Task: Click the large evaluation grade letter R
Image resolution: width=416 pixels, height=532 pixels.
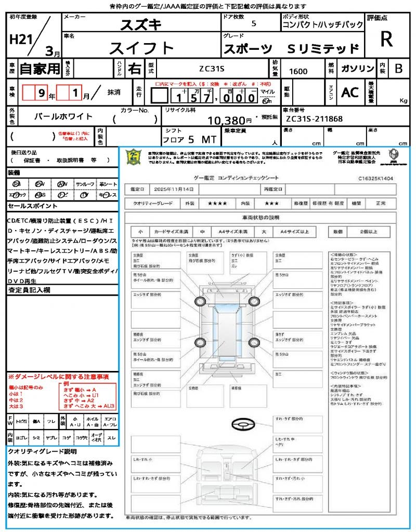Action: (x=386, y=39)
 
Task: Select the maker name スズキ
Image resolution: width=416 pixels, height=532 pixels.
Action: (x=141, y=24)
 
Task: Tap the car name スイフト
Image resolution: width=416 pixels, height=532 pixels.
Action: (x=141, y=48)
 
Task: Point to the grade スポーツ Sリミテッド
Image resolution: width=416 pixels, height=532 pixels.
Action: (x=291, y=49)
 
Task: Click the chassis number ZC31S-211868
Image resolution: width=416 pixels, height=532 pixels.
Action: (x=314, y=119)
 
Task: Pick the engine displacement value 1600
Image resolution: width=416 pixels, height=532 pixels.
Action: (x=298, y=72)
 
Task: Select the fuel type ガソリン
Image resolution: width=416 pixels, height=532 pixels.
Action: (x=357, y=69)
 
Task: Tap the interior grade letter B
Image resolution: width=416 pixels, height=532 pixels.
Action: (x=398, y=69)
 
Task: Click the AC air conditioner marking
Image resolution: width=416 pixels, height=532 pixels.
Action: (x=350, y=92)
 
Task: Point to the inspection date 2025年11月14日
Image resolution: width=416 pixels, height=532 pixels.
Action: (x=176, y=189)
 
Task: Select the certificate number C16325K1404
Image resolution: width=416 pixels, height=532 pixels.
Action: (x=375, y=178)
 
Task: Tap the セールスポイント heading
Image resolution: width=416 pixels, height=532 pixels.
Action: (x=29, y=206)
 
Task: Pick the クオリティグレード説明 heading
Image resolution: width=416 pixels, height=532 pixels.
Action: (x=42, y=451)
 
